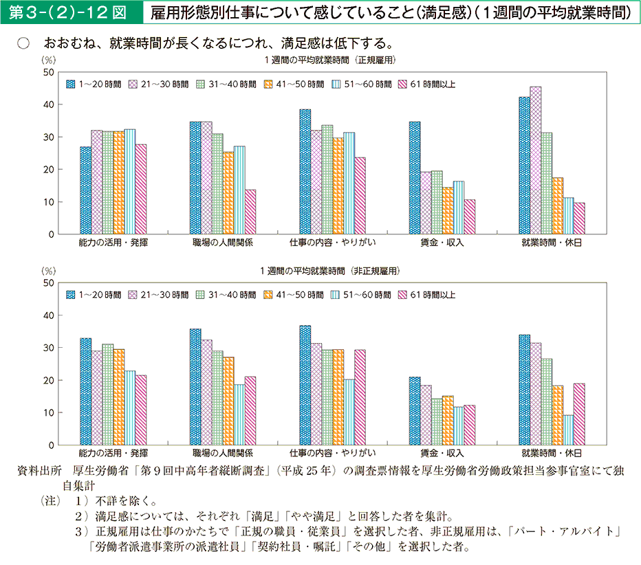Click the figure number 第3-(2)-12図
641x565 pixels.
68,13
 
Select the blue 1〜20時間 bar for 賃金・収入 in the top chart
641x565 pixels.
415,178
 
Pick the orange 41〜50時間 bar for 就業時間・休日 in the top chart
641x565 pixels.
558,206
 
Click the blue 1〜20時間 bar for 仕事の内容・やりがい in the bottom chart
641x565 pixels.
305,385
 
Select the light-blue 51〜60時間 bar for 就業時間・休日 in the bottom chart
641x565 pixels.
569,430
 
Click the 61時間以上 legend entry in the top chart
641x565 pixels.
427,85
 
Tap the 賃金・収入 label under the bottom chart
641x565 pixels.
442,454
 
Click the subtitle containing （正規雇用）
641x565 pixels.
330,60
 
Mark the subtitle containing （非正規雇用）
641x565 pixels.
330,271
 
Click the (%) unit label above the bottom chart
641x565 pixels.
49,271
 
